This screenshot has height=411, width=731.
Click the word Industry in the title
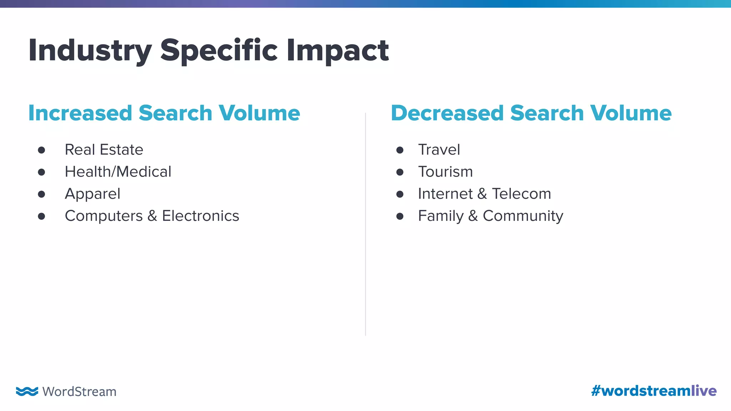coord(90,51)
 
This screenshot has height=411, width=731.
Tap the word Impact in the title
coord(337,51)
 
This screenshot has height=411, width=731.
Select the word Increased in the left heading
coord(80,113)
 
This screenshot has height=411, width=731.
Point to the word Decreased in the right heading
coord(447,113)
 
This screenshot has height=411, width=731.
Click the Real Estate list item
coord(104,150)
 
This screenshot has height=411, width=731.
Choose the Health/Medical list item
coord(118,172)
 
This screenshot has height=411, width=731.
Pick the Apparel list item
coord(92,194)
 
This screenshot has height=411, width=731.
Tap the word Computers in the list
coord(104,216)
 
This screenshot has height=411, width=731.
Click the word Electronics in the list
coord(200,216)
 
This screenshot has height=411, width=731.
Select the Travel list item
coord(439,150)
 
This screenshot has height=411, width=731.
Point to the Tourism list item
coord(445,172)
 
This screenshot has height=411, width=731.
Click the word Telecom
coord(521,194)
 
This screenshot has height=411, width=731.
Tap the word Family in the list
coord(441,216)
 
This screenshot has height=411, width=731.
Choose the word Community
coord(523,216)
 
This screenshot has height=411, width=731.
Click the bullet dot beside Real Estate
coord(41,150)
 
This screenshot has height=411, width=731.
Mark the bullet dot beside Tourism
coord(400,172)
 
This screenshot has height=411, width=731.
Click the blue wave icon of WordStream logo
coord(27,391)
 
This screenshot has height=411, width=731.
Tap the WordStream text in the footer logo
coord(79,392)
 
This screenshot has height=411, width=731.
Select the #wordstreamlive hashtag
coord(654,391)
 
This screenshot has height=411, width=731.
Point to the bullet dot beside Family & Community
coord(400,217)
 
